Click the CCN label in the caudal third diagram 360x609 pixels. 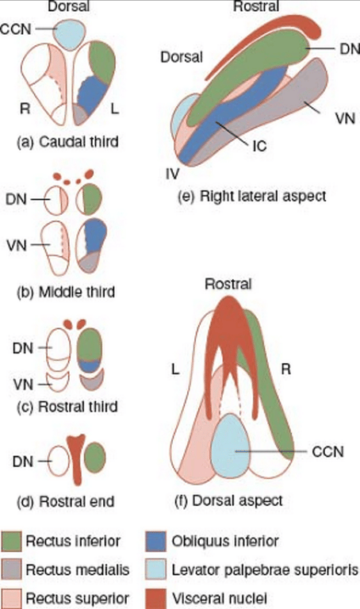point(16,28)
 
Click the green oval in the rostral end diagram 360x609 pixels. point(93,458)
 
